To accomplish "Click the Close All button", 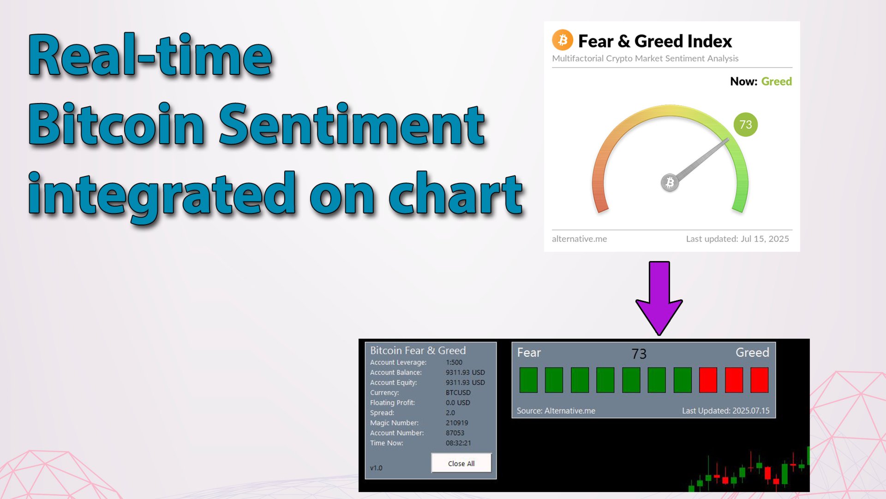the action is pyautogui.click(x=461, y=463).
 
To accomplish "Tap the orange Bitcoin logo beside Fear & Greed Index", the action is pyautogui.click(x=563, y=40).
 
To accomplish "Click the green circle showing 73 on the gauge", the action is pyautogui.click(x=745, y=124).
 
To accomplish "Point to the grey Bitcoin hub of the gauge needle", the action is pyautogui.click(x=670, y=183).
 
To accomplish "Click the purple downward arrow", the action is pyautogui.click(x=659, y=298).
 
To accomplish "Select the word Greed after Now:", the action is pyautogui.click(x=776, y=81).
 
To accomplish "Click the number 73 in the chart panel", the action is pyautogui.click(x=639, y=354).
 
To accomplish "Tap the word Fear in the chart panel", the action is pyautogui.click(x=529, y=353).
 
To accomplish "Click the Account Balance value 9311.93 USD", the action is pyautogui.click(x=465, y=372).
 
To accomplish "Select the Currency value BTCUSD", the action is pyautogui.click(x=458, y=393).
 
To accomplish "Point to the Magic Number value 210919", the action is pyautogui.click(x=457, y=423).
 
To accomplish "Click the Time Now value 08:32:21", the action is pyautogui.click(x=458, y=443).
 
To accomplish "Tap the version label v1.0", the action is pyautogui.click(x=376, y=468).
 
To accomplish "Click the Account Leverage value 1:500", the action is pyautogui.click(x=454, y=362).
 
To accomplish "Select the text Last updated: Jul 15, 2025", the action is pyautogui.click(x=737, y=239).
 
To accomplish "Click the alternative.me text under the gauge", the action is pyautogui.click(x=579, y=239).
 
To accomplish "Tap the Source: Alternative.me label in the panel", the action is pyautogui.click(x=556, y=411).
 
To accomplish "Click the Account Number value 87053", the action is pyautogui.click(x=455, y=433).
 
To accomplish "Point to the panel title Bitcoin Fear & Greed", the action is pyautogui.click(x=418, y=351).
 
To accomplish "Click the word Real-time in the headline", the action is pyautogui.click(x=150, y=55).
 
